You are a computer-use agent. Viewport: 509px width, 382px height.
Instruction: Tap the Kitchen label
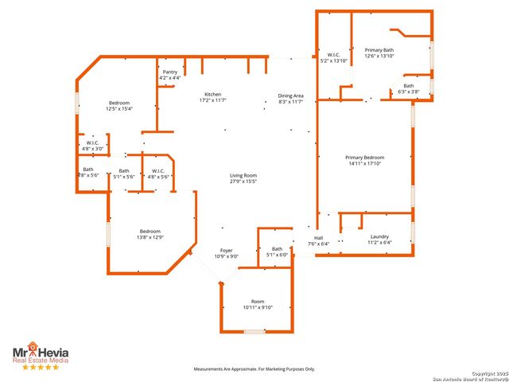coord(212,97)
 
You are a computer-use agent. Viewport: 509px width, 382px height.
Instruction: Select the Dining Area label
coord(290,99)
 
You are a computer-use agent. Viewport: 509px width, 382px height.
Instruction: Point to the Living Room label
coord(243,178)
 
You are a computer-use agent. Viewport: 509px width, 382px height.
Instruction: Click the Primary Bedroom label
coord(365,160)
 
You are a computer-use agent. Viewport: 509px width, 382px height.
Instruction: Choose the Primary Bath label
coord(379,53)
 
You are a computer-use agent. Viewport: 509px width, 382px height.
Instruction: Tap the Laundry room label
coord(379,240)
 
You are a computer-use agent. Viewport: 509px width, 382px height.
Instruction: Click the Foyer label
coord(227,253)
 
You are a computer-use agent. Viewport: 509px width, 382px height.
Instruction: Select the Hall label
coord(318,240)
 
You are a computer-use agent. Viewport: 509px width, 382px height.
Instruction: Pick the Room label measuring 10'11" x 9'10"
coord(258,304)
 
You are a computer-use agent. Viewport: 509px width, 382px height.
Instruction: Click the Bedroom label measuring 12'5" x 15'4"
coord(120,106)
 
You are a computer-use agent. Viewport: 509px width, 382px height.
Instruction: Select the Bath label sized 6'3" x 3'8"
coord(408,89)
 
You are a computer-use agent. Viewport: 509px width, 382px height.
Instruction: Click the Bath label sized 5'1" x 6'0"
coord(277,252)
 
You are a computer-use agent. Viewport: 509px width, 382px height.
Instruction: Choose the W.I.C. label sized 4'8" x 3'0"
coord(93,146)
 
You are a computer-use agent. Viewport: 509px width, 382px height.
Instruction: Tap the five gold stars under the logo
coord(40,367)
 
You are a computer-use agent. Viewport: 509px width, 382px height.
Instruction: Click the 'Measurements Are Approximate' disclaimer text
coord(254,369)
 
